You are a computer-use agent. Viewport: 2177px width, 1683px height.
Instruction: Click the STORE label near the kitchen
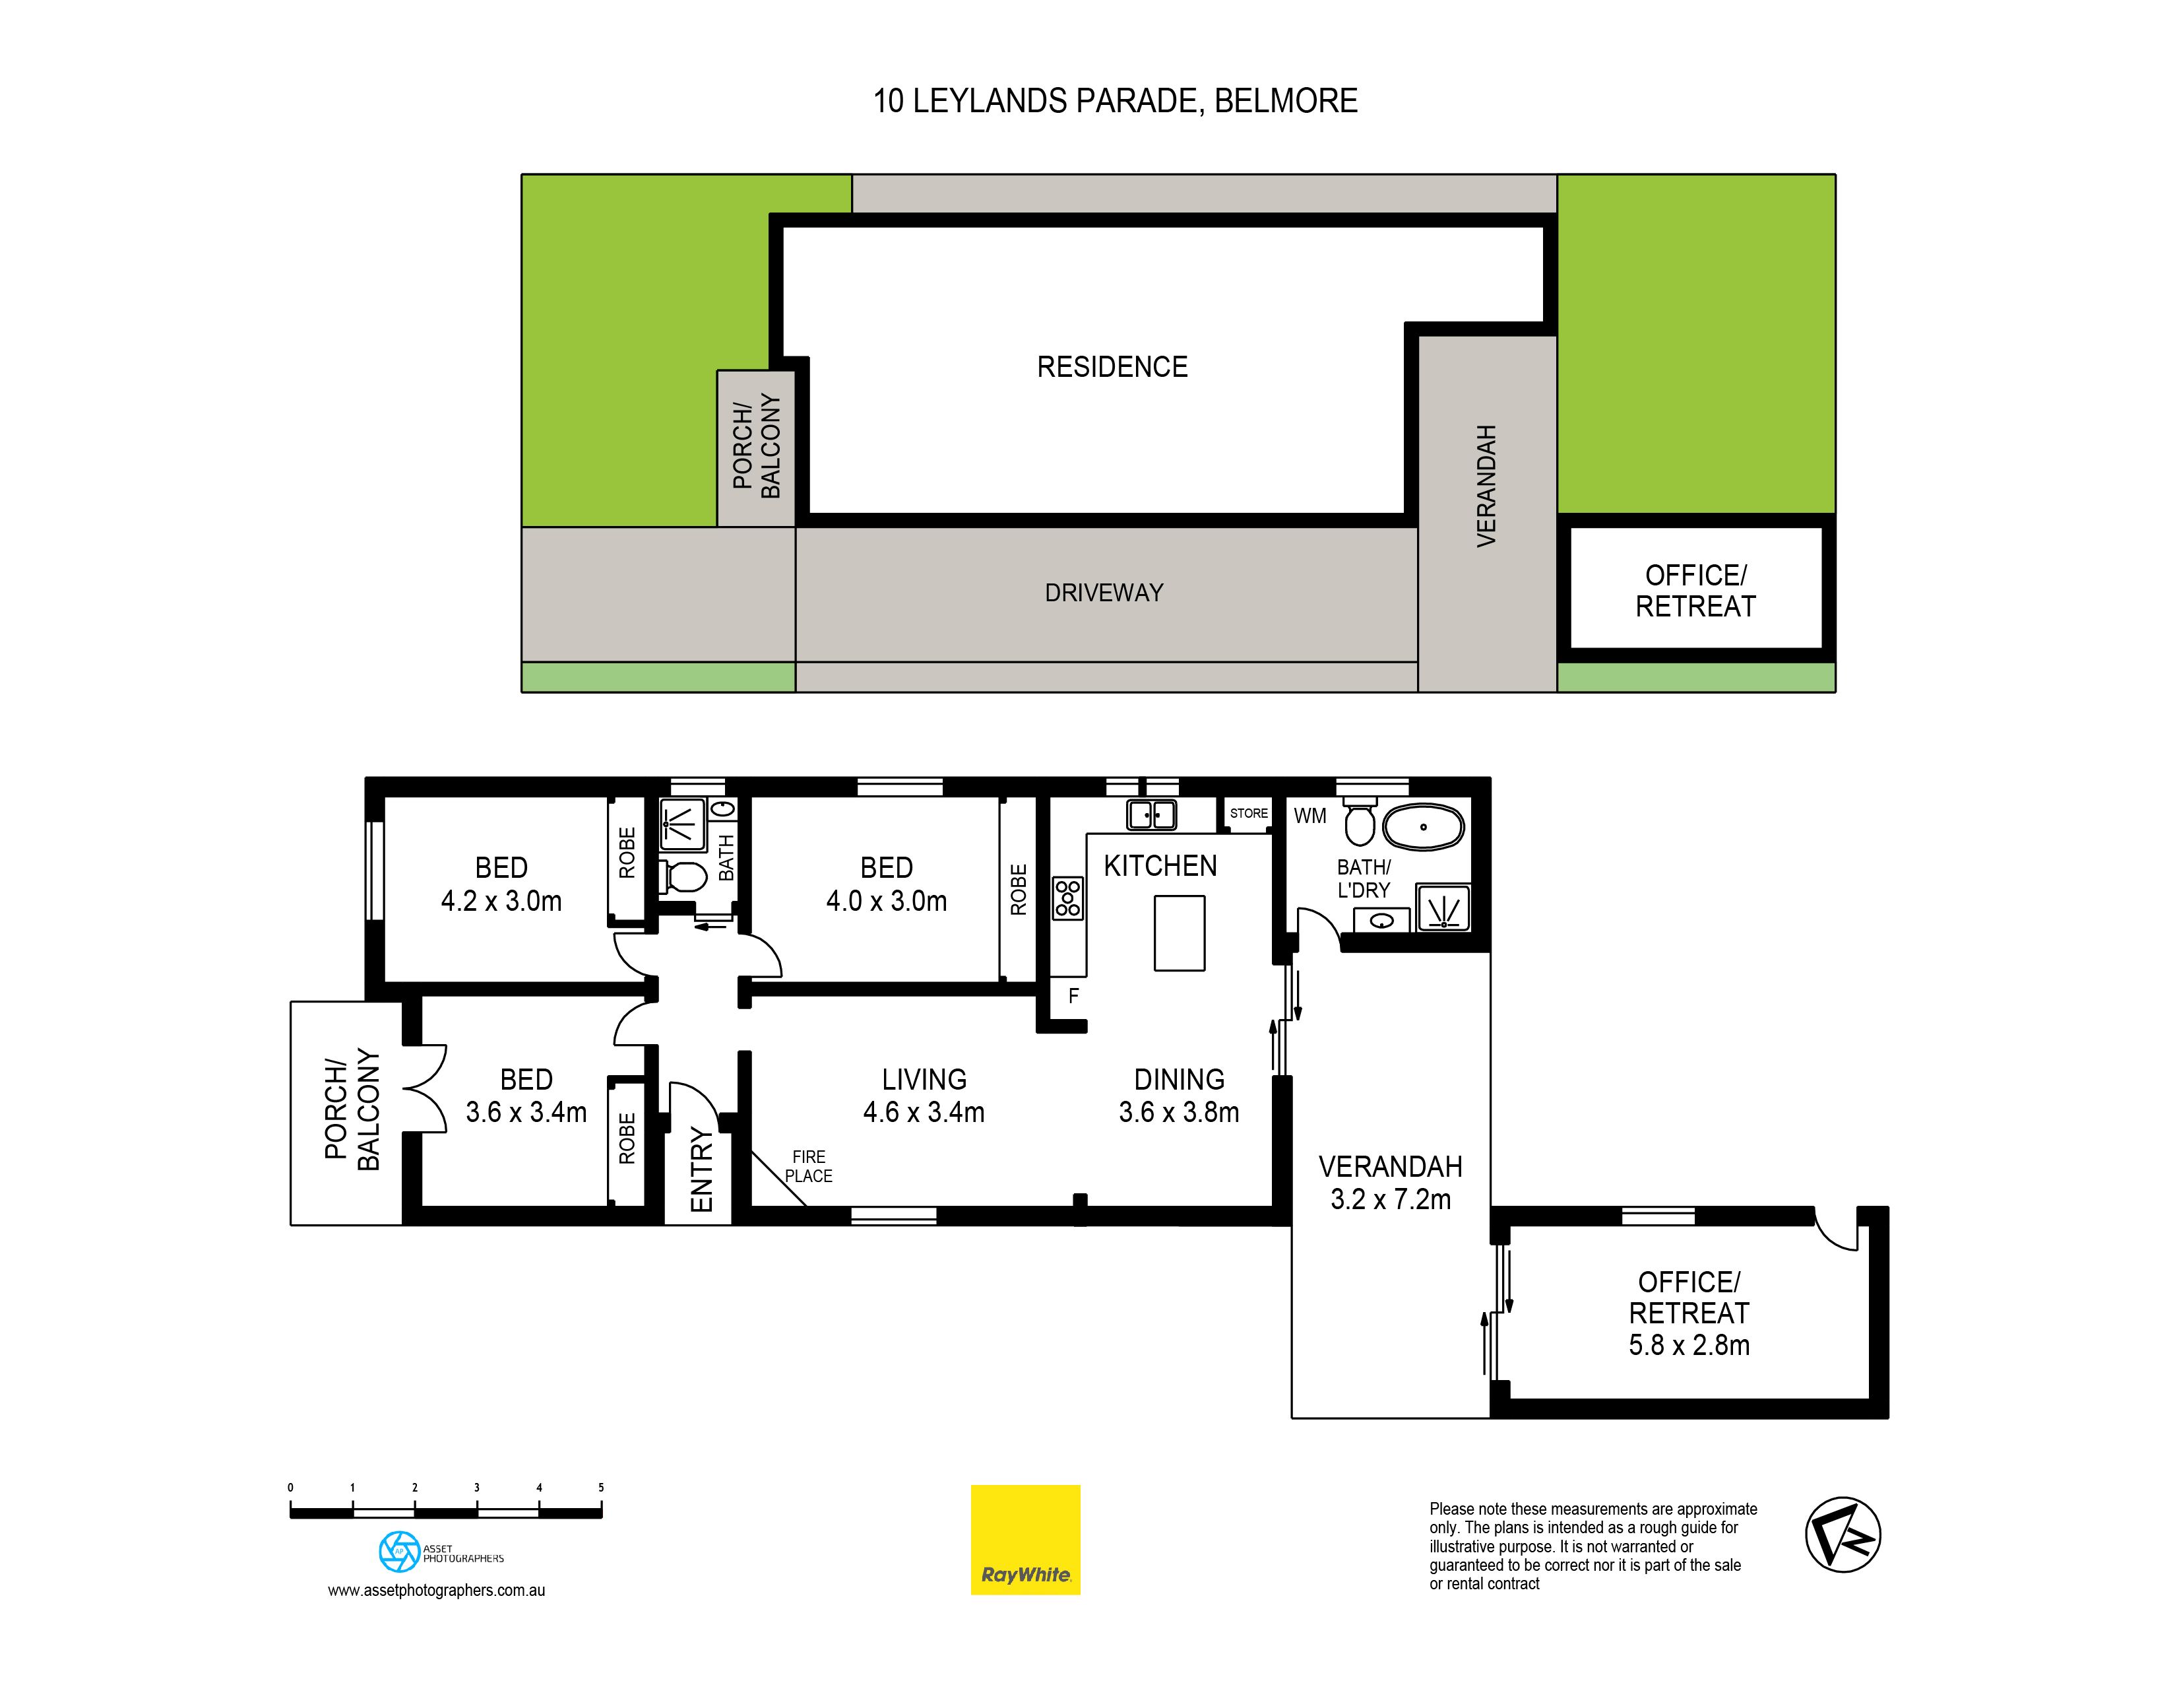[1248, 814]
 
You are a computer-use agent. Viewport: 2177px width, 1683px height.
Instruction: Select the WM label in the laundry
[1309, 816]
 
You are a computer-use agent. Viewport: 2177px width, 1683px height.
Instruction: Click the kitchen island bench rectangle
[1180, 933]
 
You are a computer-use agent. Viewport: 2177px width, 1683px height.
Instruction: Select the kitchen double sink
[1151, 814]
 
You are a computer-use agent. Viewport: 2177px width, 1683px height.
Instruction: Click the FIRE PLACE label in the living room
[808, 1166]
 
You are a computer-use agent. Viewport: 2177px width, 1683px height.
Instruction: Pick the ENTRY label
[702, 1170]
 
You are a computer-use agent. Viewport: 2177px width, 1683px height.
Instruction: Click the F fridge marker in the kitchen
[1073, 995]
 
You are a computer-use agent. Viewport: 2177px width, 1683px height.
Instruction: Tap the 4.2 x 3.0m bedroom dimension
[501, 902]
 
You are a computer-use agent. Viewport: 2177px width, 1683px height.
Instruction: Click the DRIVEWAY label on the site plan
[1104, 593]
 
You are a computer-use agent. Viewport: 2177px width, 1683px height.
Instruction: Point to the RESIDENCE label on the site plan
[1112, 367]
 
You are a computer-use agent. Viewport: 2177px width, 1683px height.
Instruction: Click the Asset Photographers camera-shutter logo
[398, 1552]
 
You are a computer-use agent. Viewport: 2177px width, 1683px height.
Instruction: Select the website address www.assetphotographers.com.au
[437, 1591]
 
